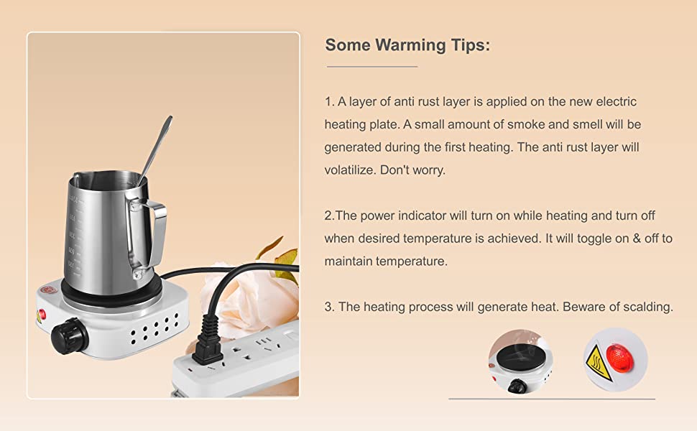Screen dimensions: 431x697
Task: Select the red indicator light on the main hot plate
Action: [x=42, y=314]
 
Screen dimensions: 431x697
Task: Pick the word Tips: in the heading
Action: [x=470, y=45]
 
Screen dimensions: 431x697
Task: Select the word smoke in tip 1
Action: [x=527, y=124]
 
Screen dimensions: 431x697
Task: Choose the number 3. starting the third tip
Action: [x=330, y=307]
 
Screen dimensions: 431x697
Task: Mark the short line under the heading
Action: [x=371, y=66]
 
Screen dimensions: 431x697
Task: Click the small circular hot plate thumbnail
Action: [x=520, y=361]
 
